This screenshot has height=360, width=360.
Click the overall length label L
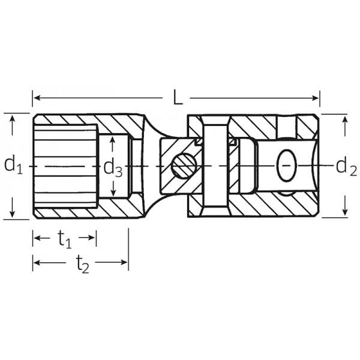178,98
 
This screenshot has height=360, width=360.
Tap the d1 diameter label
13,164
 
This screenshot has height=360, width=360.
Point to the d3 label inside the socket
112,167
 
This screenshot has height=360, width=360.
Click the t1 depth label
65,239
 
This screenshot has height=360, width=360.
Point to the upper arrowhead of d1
13,118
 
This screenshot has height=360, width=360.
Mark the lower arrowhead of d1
13,214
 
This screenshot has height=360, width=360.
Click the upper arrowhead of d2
344,119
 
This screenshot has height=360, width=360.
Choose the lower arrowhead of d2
344,213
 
